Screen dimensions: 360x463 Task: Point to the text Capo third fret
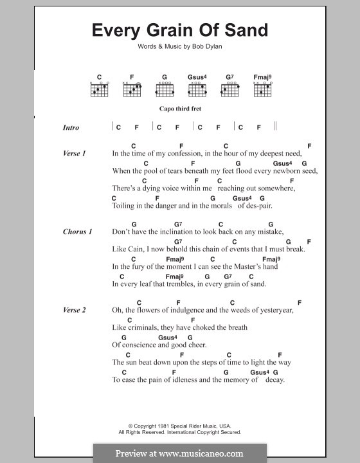(x=180, y=109)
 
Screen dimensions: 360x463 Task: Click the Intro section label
(x=71, y=127)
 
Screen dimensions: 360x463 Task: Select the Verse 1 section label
(x=75, y=154)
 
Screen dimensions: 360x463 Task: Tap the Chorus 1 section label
(x=77, y=232)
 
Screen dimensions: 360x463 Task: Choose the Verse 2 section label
(x=75, y=310)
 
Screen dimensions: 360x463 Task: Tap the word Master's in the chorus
(x=242, y=266)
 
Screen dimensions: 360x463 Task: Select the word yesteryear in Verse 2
(x=273, y=311)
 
